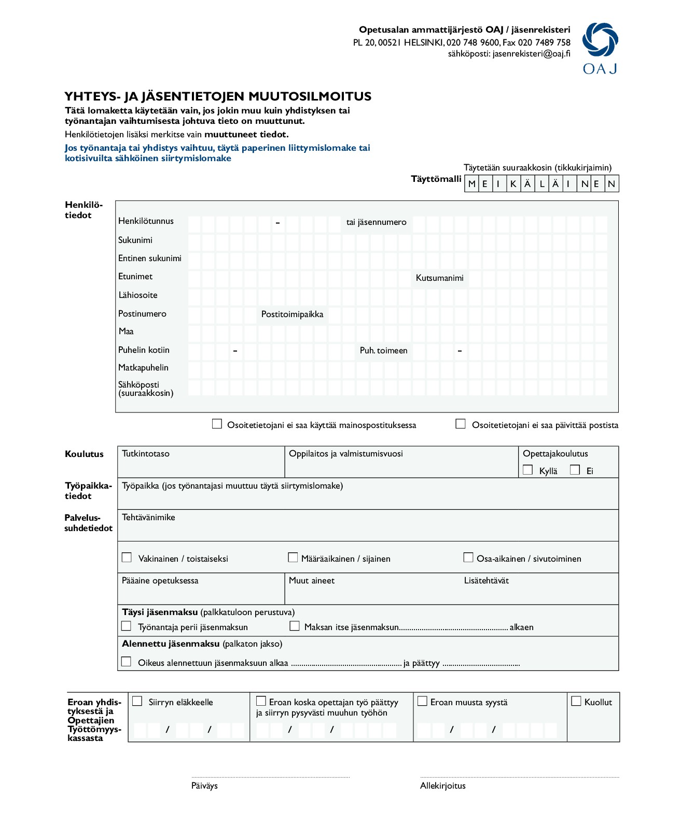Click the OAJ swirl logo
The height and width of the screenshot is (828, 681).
pyautogui.click(x=600, y=40)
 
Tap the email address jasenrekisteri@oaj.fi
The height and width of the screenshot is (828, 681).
pyautogui.click(x=531, y=53)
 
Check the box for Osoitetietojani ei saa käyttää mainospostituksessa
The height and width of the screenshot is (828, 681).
pyautogui.click(x=217, y=424)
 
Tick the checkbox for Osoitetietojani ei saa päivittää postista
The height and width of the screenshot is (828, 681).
pyautogui.click(x=460, y=424)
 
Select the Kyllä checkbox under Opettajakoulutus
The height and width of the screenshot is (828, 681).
pyautogui.click(x=528, y=470)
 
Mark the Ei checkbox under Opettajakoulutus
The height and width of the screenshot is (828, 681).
pyautogui.click(x=575, y=470)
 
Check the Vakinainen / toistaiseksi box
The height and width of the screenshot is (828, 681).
pyautogui.click(x=127, y=558)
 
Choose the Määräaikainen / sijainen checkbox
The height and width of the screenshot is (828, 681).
pyautogui.click(x=293, y=558)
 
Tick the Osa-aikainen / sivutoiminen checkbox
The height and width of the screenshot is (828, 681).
pyautogui.click(x=468, y=558)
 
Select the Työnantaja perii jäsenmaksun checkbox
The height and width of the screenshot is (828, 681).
pyautogui.click(x=126, y=626)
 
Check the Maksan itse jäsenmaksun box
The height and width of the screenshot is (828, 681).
pyautogui.click(x=295, y=626)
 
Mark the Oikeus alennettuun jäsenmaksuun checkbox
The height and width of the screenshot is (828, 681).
pyautogui.click(x=126, y=662)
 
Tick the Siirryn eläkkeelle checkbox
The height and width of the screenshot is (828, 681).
pyautogui.click(x=137, y=701)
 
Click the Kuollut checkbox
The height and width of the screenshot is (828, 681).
pyautogui.click(x=576, y=701)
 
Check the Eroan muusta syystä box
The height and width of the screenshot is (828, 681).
pyautogui.click(x=423, y=701)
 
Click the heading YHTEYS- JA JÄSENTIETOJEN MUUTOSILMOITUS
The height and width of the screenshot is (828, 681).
pyautogui.click(x=218, y=96)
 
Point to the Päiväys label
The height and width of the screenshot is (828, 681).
pyautogui.click(x=204, y=786)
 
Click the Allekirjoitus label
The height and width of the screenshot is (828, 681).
pyautogui.click(x=443, y=786)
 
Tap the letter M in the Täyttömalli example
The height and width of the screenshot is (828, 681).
pyautogui.click(x=471, y=184)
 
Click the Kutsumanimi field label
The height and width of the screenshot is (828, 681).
pyautogui.click(x=439, y=278)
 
